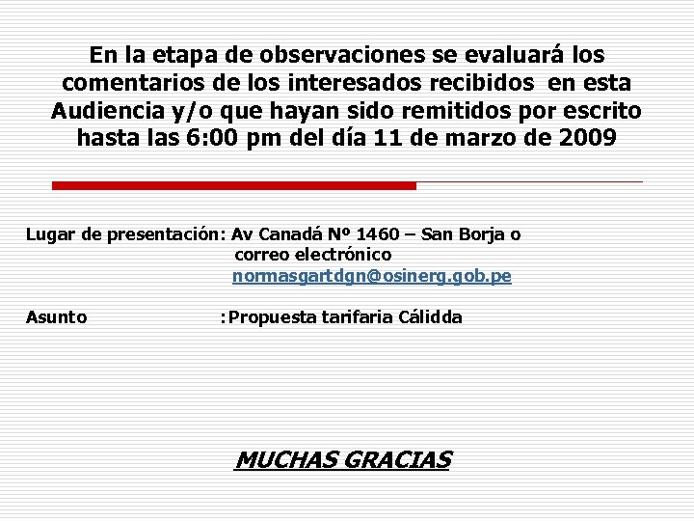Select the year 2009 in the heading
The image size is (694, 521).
tap(586, 138)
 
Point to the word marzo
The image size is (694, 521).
tap(485, 138)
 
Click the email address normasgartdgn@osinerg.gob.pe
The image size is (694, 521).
tap(372, 276)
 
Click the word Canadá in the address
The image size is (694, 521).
tap(292, 234)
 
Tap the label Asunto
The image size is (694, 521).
tap(56, 317)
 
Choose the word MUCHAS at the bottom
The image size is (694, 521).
tap(284, 460)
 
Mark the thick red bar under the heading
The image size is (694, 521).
tap(233, 185)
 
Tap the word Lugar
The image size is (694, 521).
tap(48, 234)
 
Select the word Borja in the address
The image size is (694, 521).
tap(484, 234)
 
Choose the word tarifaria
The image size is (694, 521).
tap(358, 317)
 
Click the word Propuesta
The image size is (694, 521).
tap(274, 317)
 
